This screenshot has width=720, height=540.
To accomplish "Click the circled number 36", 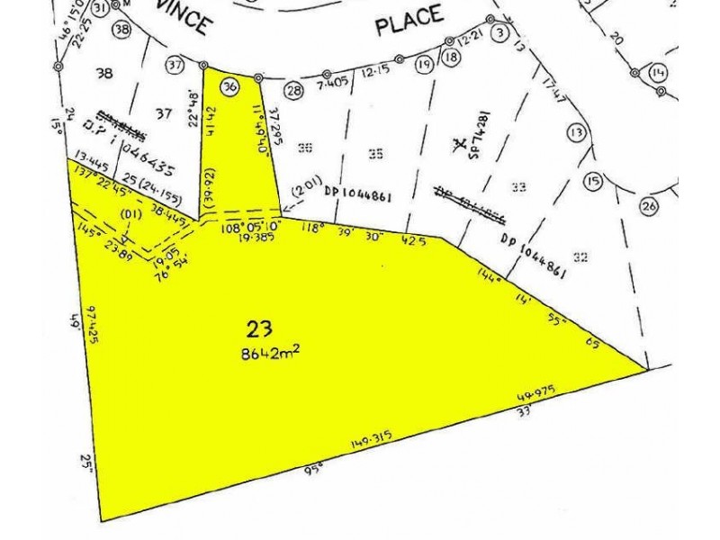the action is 230,86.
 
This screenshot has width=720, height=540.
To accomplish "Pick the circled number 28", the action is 293,89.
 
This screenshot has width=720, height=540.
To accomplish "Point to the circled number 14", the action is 659,73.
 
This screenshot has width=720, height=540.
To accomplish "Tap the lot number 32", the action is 580,258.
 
